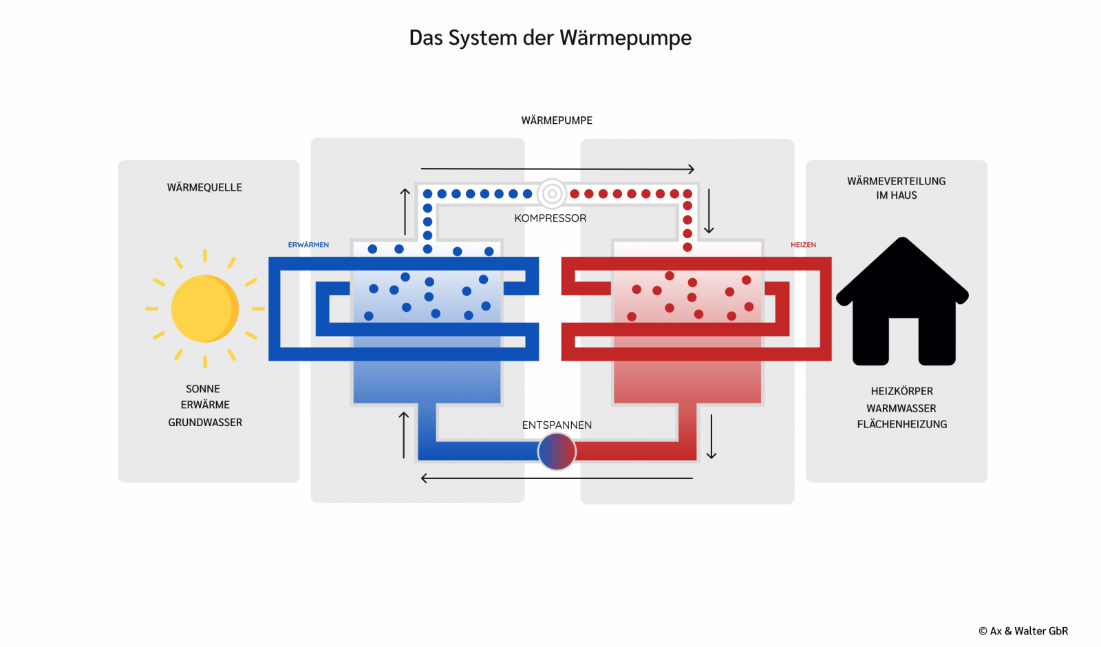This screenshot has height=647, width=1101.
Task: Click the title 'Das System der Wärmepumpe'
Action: pos(550,38)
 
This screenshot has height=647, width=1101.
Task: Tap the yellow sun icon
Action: pos(205,309)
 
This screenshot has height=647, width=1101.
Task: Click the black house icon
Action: pos(902,301)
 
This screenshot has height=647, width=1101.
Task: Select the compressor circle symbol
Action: pos(551,193)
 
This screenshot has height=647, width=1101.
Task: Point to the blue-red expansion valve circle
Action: pos(557,452)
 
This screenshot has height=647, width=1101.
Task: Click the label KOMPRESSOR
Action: pos(550,218)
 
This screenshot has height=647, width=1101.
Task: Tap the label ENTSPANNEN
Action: pos(557,425)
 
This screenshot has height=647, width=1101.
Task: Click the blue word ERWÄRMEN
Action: pos(308,245)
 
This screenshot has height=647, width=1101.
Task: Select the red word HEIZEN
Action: pos(803,245)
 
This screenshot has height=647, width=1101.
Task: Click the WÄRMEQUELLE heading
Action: pos(204,187)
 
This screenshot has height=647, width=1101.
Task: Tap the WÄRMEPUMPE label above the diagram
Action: pos(557,120)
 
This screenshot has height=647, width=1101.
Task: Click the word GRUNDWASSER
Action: pos(205,423)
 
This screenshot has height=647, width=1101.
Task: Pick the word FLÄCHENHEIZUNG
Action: pos(902,424)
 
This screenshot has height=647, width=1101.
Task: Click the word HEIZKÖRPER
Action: pos(902,392)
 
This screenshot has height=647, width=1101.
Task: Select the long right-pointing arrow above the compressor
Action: pos(557,169)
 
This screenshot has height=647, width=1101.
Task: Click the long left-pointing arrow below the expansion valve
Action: pos(557,478)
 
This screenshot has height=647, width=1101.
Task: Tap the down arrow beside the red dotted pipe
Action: pos(709,211)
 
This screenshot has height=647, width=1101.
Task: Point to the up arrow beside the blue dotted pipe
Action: pos(405,211)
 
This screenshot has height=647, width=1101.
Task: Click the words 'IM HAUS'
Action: pos(896,195)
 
